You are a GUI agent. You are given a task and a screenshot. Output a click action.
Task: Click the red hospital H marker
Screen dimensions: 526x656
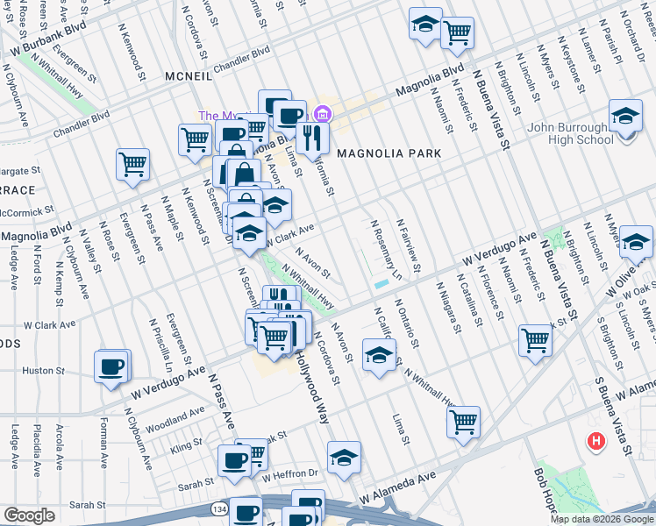(596, 440)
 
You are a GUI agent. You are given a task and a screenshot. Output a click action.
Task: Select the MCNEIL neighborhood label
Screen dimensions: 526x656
(189, 77)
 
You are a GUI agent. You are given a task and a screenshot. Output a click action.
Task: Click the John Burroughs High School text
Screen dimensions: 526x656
(570, 133)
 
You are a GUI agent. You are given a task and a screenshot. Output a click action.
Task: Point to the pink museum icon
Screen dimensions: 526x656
(322, 114)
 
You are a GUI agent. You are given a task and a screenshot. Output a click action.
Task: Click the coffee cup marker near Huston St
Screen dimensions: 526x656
(111, 366)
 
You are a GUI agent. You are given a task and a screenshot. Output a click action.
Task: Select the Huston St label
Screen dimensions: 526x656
(39, 370)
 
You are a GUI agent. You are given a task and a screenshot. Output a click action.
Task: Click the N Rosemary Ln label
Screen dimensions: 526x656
(385, 248)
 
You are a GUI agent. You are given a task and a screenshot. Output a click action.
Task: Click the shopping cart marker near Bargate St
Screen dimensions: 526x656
(132, 165)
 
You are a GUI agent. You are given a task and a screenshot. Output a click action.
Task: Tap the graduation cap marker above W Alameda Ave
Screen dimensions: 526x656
(345, 457)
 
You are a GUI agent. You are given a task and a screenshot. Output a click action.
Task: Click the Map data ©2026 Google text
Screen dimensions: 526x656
(602, 519)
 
